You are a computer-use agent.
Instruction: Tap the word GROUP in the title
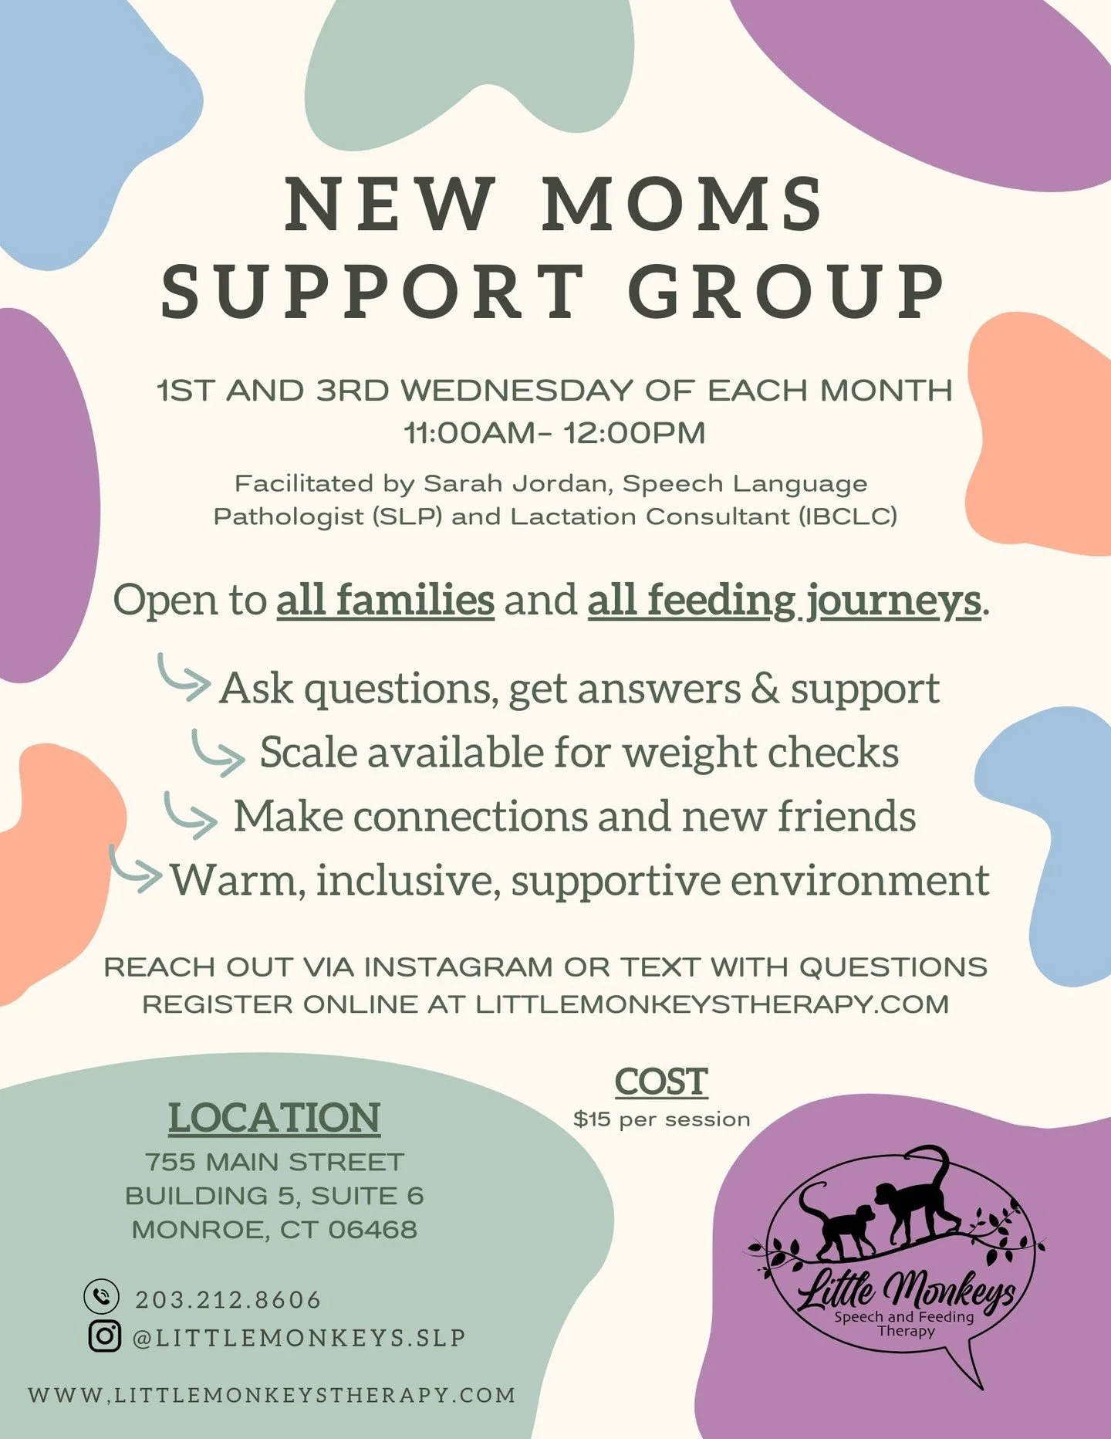(786, 291)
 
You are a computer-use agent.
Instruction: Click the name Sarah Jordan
(518, 484)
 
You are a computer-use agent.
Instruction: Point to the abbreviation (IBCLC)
(848, 516)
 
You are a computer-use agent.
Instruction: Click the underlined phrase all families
(385, 601)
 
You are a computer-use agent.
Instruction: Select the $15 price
(591, 1119)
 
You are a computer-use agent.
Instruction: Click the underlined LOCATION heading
(274, 1118)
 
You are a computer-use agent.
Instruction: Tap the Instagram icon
(104, 1336)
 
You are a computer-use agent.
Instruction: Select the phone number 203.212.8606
(228, 1300)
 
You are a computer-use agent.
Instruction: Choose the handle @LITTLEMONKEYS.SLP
(299, 1338)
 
